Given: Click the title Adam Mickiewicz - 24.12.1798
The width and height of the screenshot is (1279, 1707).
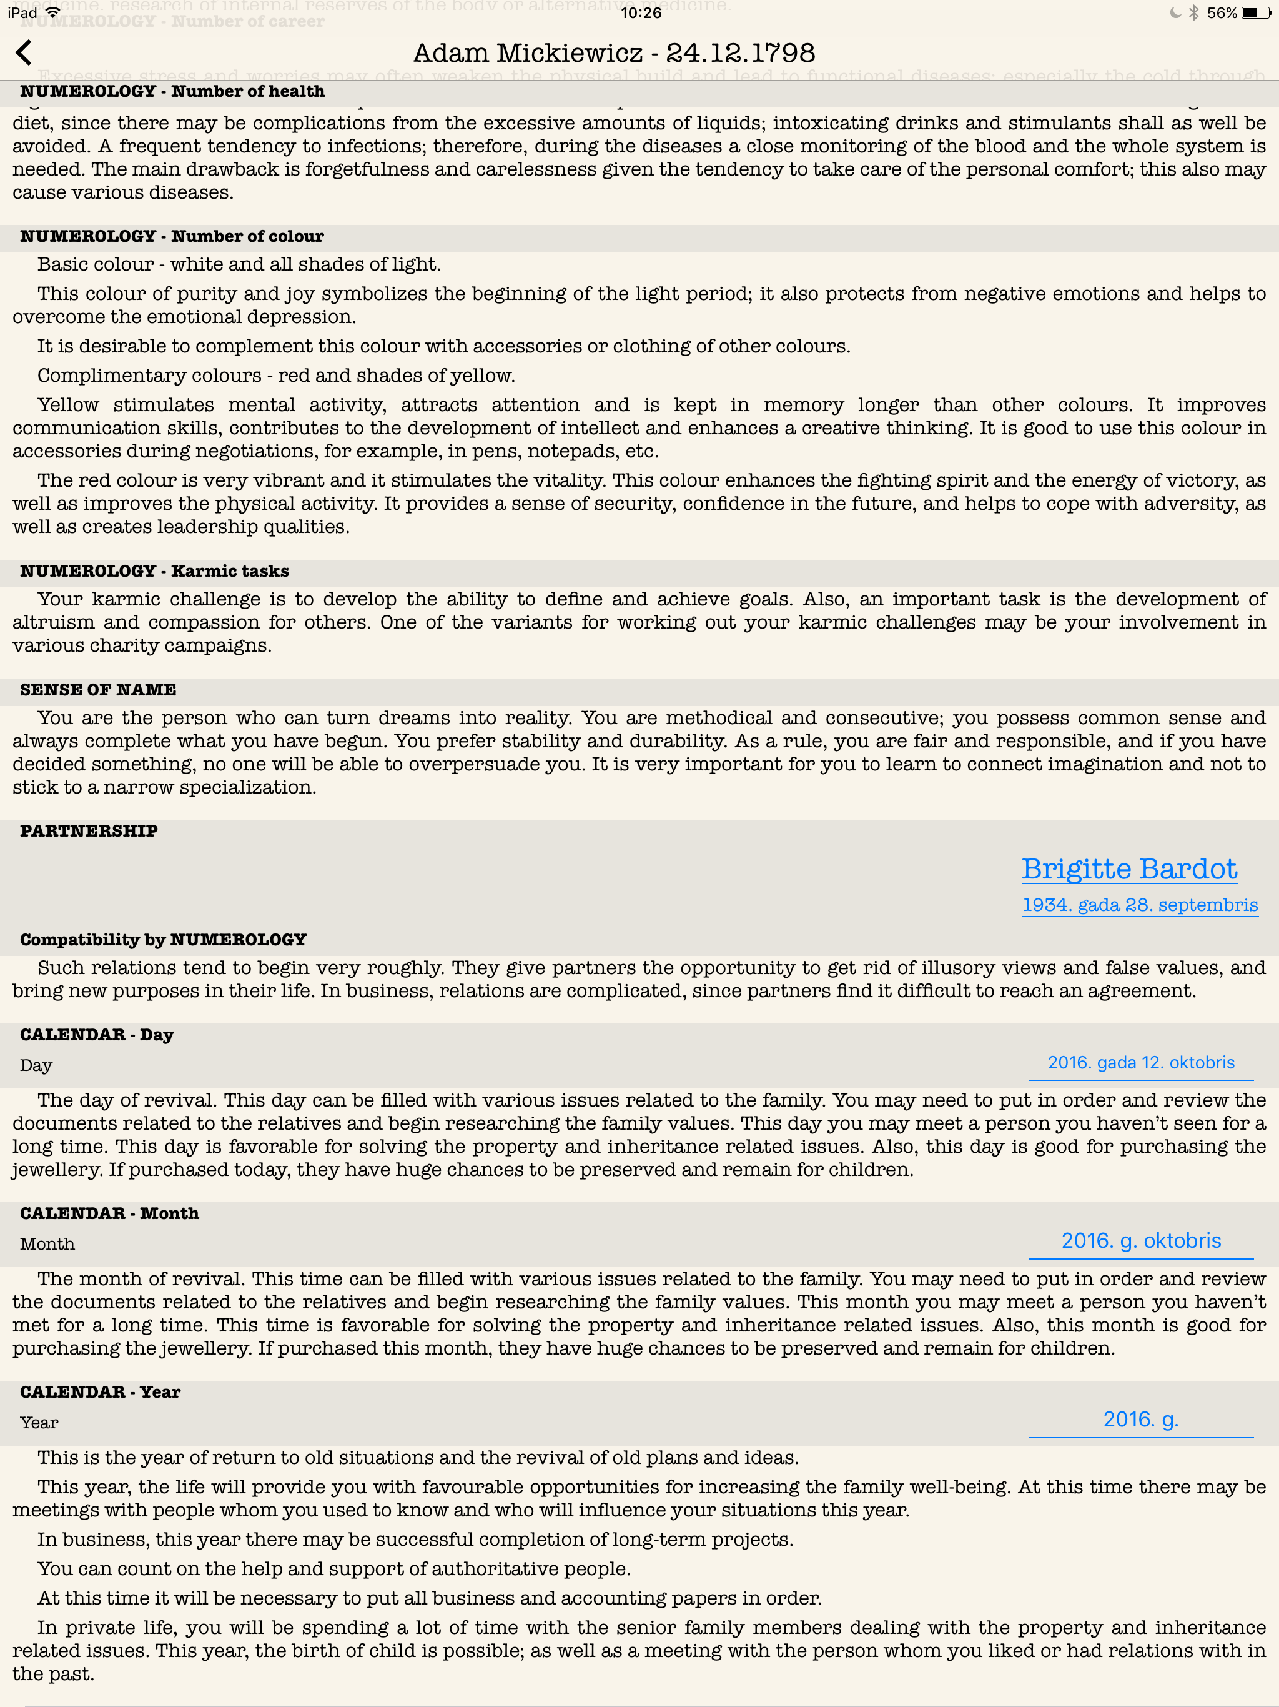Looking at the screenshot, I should pyautogui.click(x=614, y=52).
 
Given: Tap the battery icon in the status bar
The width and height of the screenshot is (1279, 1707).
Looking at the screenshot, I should pyautogui.click(x=1255, y=12).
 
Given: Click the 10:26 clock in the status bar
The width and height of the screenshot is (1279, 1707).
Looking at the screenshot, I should pyautogui.click(x=640, y=13).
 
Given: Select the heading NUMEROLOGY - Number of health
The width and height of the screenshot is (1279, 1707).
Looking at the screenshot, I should pyautogui.click(x=172, y=91).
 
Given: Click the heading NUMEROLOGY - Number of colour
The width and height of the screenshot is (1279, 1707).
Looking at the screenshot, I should pyautogui.click(x=171, y=236).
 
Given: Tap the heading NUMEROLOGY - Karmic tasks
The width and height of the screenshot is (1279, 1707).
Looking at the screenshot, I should pyautogui.click(x=154, y=571).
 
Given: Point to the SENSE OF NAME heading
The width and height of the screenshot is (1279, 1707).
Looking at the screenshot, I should pyautogui.click(x=98, y=690).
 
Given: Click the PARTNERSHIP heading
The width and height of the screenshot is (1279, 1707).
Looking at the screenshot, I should pyautogui.click(x=89, y=831).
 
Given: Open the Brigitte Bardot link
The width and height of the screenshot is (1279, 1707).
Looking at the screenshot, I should pyautogui.click(x=1129, y=869).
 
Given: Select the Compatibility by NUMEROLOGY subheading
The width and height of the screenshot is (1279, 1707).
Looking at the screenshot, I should pyautogui.click(x=163, y=940).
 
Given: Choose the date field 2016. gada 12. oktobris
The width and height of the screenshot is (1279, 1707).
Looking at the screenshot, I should pyautogui.click(x=1141, y=1063).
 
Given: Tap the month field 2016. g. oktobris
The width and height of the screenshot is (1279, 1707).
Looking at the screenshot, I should pyautogui.click(x=1141, y=1241).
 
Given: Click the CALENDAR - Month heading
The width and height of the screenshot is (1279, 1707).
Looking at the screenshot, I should pyautogui.click(x=109, y=1213).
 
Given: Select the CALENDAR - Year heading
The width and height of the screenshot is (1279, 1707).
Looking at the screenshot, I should pyautogui.click(x=101, y=1392).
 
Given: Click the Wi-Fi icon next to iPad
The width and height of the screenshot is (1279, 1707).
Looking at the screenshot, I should pyautogui.click(x=53, y=12).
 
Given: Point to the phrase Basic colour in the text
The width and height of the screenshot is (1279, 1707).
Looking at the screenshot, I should pyautogui.click(x=95, y=265).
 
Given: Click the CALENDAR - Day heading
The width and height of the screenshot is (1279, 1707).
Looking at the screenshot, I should pyautogui.click(x=96, y=1035).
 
